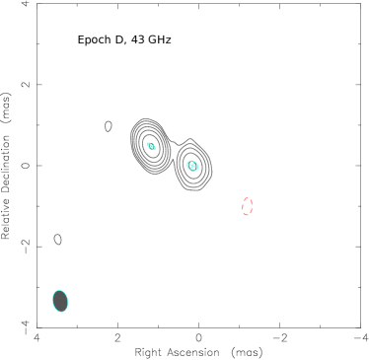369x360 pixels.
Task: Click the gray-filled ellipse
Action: pyautogui.click(x=60, y=301)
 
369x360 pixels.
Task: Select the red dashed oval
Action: pyautogui.click(x=248, y=206)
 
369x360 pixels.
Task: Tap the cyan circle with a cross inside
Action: pyautogui.click(x=192, y=166)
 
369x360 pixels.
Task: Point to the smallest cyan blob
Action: pyautogui.click(x=151, y=146)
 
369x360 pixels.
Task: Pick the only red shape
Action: pyautogui.click(x=248, y=206)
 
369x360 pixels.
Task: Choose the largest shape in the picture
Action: pyautogui.click(x=60, y=301)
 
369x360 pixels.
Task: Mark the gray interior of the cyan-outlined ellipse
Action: pyautogui.click(x=60, y=301)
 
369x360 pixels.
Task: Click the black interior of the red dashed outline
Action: pyautogui.click(x=248, y=206)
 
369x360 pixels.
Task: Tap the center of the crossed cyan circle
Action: pyautogui.click(x=192, y=166)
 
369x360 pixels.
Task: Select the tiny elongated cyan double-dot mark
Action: pyautogui.click(x=151, y=146)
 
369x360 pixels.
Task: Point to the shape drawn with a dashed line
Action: pyautogui.click(x=248, y=206)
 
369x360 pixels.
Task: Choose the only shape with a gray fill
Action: pyautogui.click(x=60, y=301)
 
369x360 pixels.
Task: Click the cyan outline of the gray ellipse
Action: pyautogui.click(x=52, y=300)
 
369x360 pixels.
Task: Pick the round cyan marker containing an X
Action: pyautogui.click(x=192, y=166)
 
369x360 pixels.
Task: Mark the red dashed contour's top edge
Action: pyautogui.click(x=248, y=197)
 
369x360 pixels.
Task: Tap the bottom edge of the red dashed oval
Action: pyautogui.click(x=248, y=215)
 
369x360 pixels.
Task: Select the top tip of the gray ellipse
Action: pyautogui.click(x=59, y=290)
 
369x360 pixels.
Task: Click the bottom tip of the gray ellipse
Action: pyautogui.click(x=61, y=313)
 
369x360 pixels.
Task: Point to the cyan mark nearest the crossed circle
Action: pyautogui.click(x=151, y=146)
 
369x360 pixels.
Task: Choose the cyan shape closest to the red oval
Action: pyautogui.click(x=192, y=166)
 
